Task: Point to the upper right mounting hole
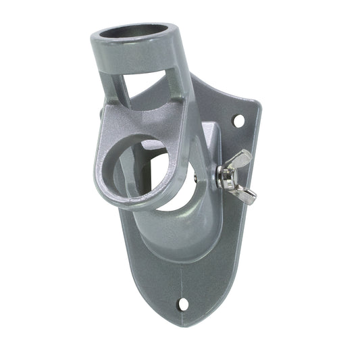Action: coord(238,120)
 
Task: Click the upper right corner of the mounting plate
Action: coord(255,103)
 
